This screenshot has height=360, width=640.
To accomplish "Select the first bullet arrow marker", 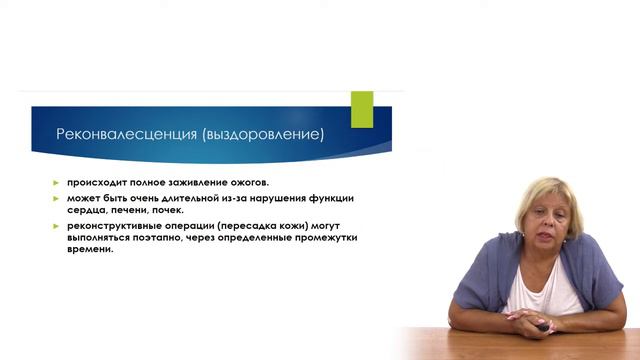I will point(58,183).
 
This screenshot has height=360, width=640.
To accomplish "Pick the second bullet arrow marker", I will point(58,198).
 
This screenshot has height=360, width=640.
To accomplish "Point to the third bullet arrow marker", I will point(58,226).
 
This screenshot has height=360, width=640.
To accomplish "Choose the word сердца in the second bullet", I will point(86,211).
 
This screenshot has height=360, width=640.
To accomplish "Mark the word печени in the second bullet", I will point(131,211).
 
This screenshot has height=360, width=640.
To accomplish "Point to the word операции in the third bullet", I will point(201,226).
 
